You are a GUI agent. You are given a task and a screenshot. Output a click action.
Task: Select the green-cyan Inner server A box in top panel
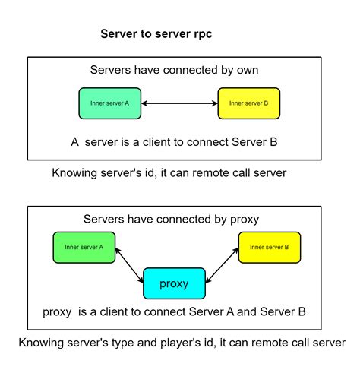click(x=110, y=103)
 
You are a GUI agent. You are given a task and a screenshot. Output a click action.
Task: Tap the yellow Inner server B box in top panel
click(x=248, y=103)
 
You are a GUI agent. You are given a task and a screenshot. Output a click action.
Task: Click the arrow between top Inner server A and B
click(x=179, y=103)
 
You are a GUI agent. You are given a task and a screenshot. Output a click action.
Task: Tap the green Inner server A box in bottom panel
click(x=84, y=248)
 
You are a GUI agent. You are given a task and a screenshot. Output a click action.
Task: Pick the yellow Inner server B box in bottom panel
click(x=268, y=248)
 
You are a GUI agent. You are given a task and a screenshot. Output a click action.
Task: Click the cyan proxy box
click(x=174, y=283)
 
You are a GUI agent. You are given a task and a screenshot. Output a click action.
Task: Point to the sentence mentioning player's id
click(x=181, y=343)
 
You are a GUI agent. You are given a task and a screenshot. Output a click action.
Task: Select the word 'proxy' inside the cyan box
click(x=174, y=284)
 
